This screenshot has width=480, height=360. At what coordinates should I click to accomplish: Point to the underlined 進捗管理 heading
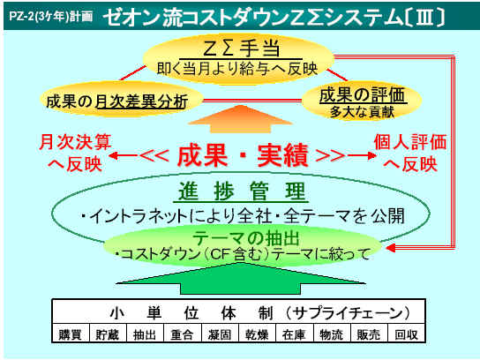click(242, 191)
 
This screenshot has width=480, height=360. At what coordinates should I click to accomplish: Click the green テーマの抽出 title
click(246, 238)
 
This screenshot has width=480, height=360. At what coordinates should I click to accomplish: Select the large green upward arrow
click(241, 278)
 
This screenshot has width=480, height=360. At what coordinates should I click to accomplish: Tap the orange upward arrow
click(241, 119)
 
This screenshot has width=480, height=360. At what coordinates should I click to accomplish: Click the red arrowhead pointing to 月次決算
click(114, 155)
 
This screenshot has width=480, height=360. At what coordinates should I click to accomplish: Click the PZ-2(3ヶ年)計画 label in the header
click(50, 16)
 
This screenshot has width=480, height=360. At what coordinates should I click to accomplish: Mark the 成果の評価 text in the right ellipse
click(362, 95)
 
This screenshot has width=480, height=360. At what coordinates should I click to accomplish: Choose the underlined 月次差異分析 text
click(141, 101)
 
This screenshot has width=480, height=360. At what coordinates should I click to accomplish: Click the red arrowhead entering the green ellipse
click(391, 248)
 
